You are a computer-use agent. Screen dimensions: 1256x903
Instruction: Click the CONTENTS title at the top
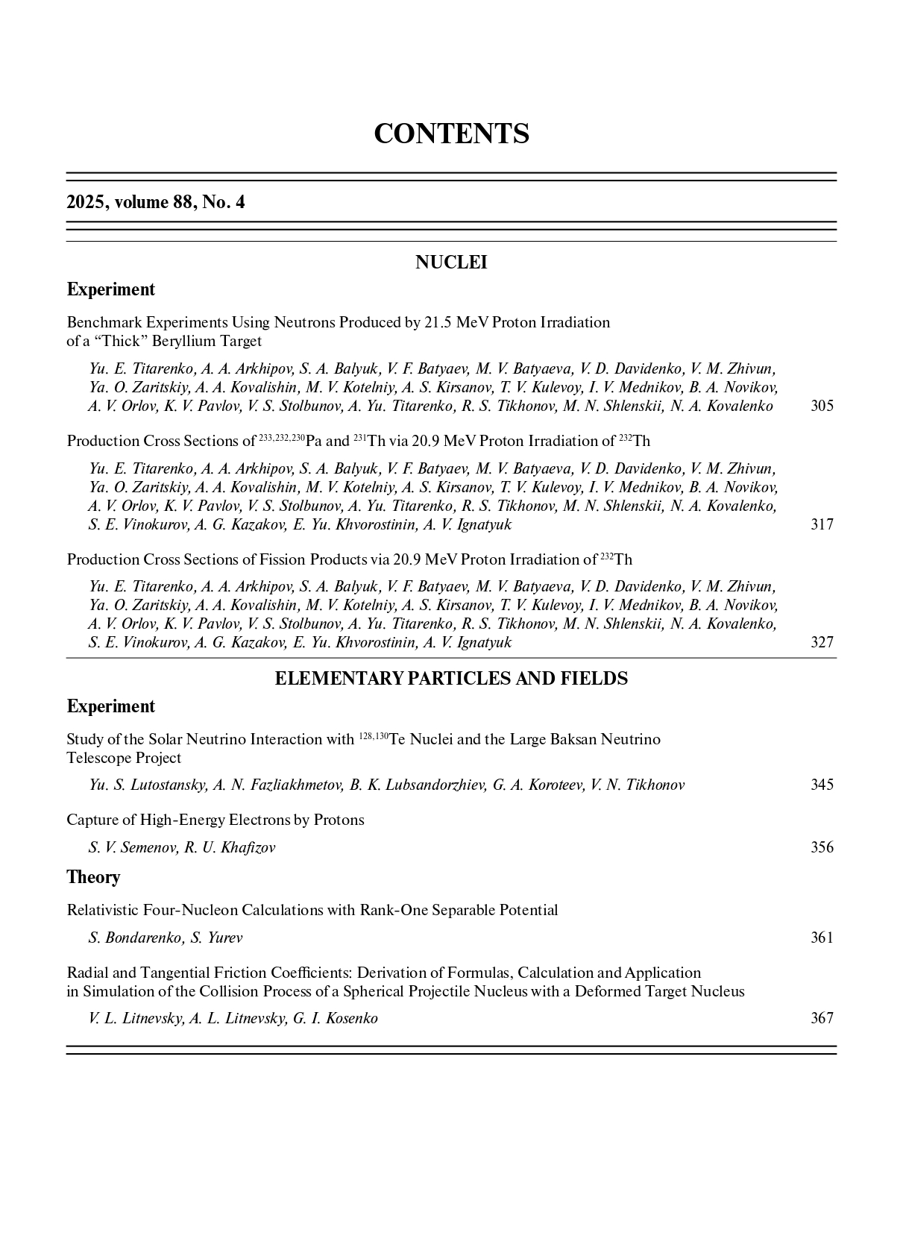451,134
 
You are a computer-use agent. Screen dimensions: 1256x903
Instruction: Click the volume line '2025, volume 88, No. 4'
155,202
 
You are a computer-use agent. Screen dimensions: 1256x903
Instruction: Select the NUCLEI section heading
451,263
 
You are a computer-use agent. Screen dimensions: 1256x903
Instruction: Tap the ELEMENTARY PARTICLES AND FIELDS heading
451,679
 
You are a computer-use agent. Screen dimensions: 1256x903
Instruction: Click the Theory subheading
93,877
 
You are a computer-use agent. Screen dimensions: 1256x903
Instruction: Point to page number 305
822,406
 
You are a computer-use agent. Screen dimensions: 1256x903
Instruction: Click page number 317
822,524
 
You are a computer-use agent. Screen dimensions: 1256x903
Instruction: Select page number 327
822,642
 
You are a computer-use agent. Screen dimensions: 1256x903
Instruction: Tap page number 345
822,785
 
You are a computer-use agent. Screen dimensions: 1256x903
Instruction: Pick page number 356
822,847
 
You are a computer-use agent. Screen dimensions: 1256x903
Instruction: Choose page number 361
822,938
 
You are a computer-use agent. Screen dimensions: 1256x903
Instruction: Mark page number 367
822,1018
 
